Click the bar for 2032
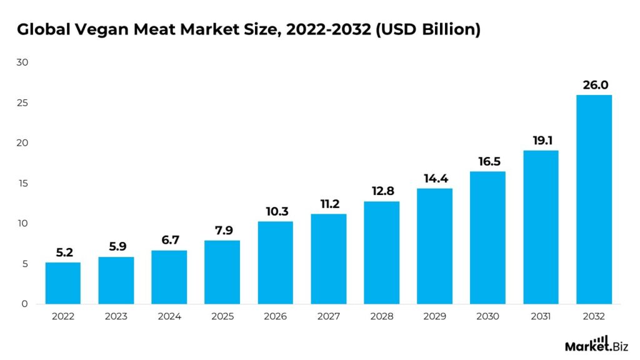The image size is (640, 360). click(x=594, y=199)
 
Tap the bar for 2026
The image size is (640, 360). click(x=275, y=262)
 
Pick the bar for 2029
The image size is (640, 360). click(x=434, y=246)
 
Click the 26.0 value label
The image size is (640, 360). click(x=594, y=84)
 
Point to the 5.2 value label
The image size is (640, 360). click(x=63, y=252)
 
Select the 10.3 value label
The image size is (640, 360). click(x=275, y=211)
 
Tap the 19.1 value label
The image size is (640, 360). click(x=541, y=140)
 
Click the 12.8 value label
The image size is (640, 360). click(x=381, y=191)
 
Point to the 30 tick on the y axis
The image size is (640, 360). click(x=23, y=62)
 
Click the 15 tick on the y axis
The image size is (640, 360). click(x=23, y=184)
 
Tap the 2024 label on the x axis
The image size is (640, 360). click(x=169, y=317)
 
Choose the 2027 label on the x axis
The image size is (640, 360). click(x=328, y=317)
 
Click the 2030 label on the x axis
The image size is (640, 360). click(x=487, y=317)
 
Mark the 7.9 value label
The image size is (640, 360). click(x=222, y=230)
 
